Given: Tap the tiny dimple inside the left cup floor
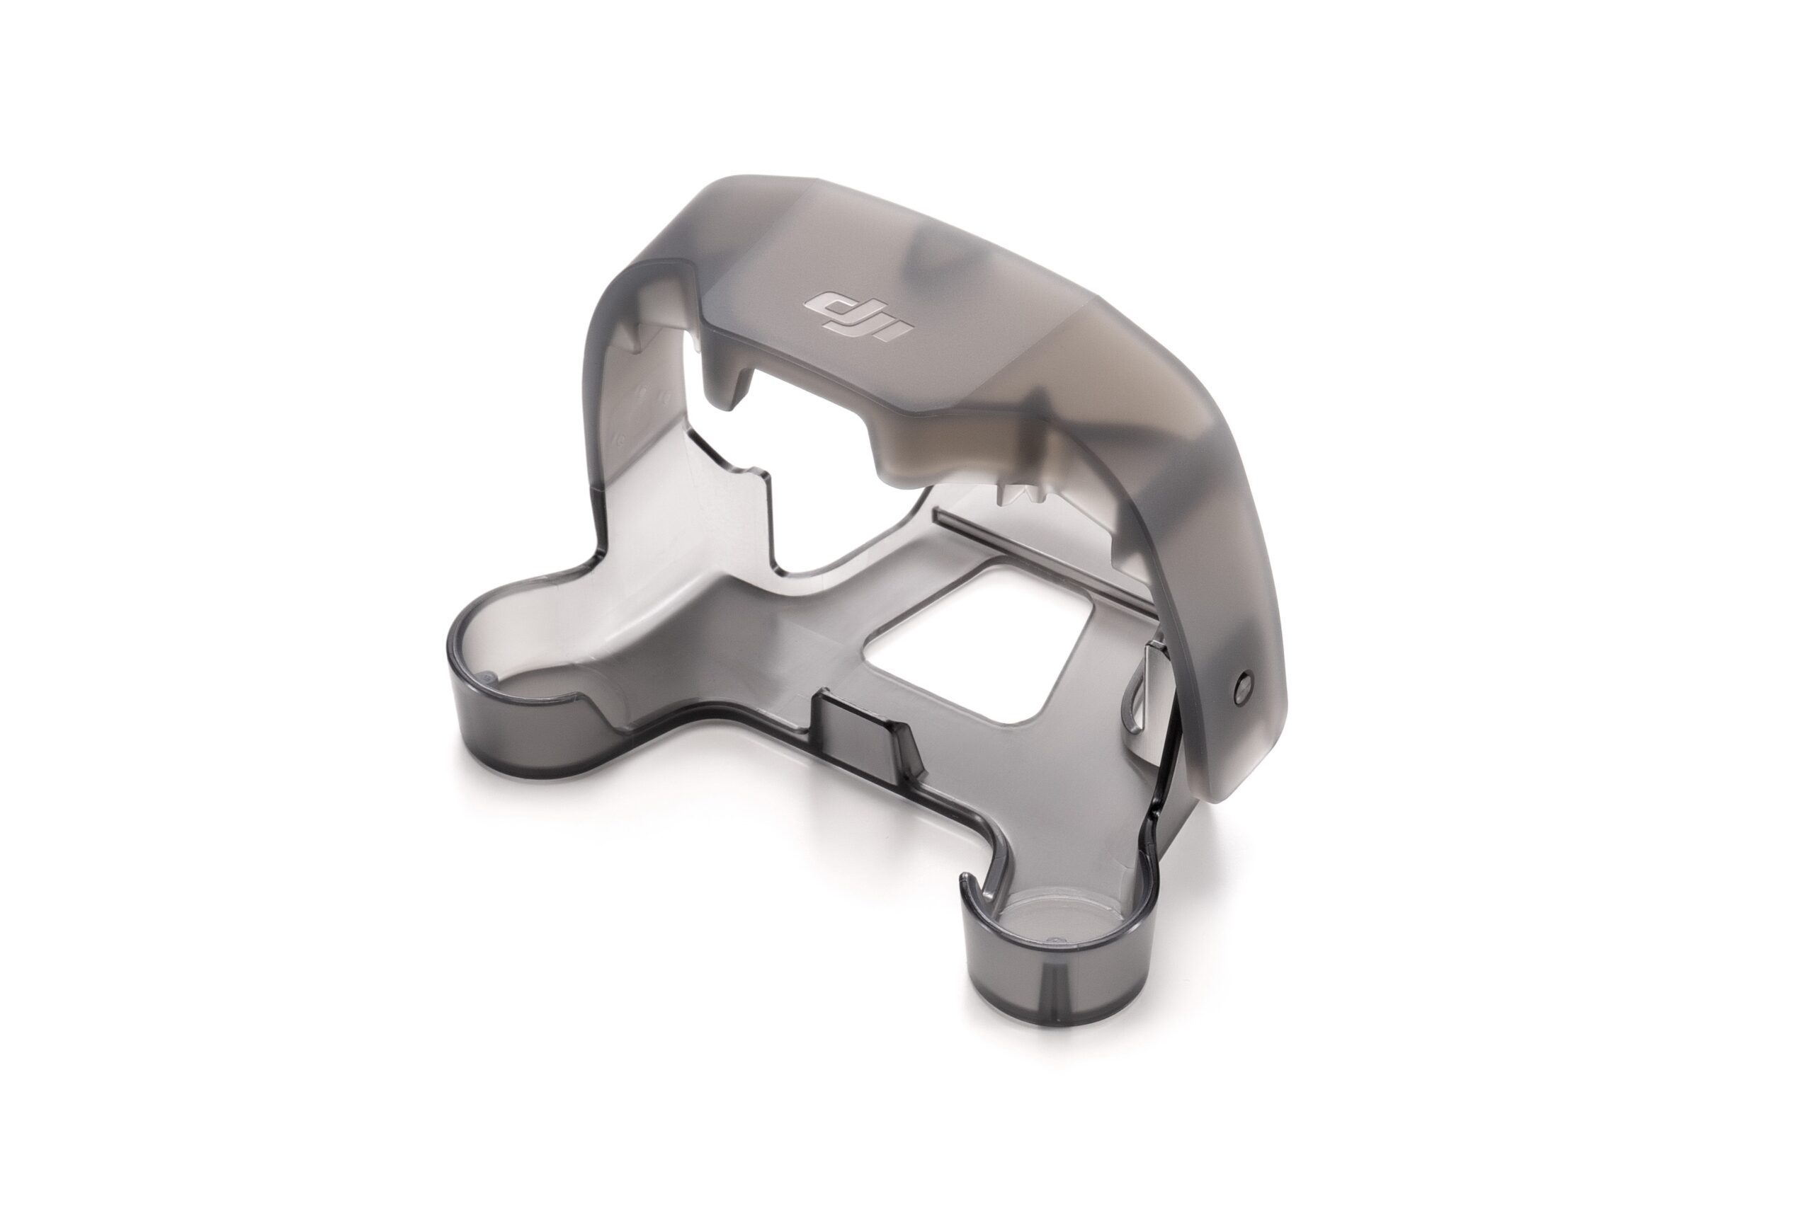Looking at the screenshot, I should point(485,679).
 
